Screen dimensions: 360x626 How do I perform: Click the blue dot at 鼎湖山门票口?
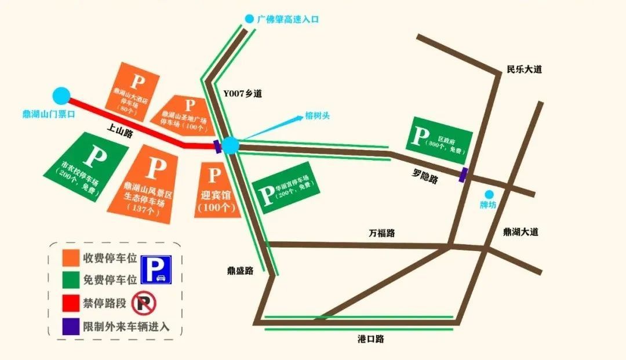coord(61,96)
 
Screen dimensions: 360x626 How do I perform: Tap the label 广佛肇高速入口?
coord(287,19)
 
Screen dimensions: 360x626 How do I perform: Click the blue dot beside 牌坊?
coord(489,195)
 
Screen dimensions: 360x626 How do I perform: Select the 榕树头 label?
coord(317,116)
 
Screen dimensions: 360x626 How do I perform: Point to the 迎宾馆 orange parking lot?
coord(216,190)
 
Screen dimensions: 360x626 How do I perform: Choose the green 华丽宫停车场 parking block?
coord(285,187)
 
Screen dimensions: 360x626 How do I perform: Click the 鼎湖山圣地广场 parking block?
coord(184,113)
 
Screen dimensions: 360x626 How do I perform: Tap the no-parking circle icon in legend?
coord(144,303)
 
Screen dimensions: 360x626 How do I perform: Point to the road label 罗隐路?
coord(425,176)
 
